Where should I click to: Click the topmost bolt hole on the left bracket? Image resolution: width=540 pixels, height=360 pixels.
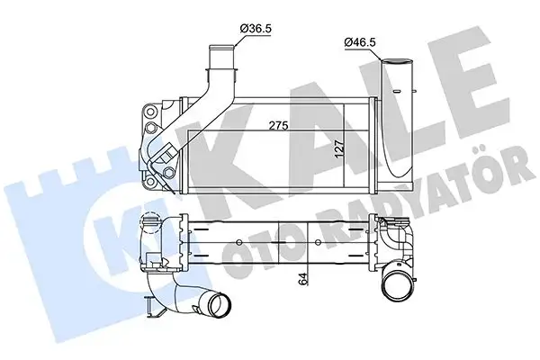(x=150, y=109)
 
